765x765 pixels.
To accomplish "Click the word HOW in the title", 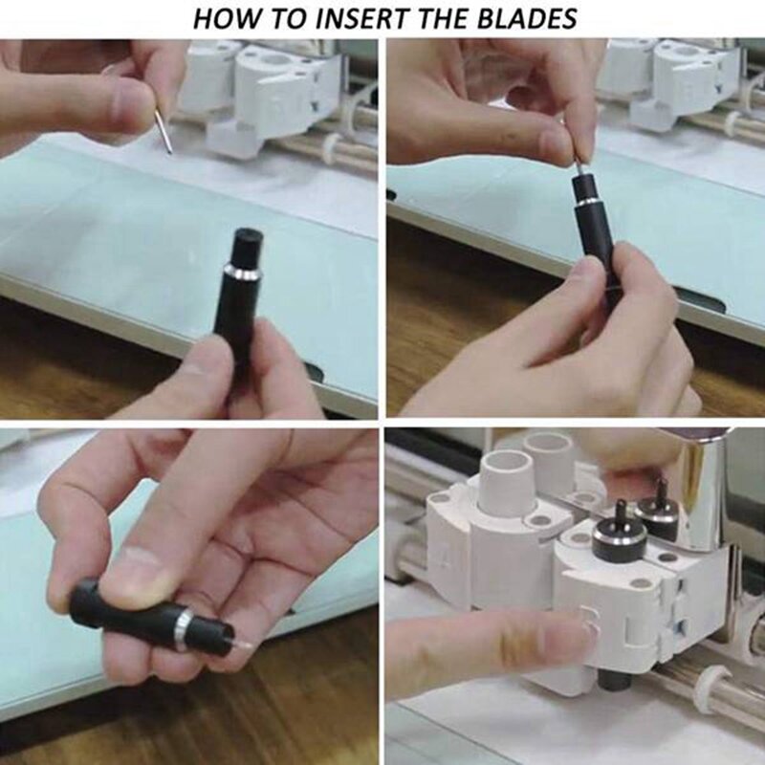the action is point(226,18).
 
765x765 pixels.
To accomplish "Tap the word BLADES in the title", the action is point(527,18).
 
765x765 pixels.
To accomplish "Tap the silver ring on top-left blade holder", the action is point(243,273).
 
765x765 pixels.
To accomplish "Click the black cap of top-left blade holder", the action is point(249,247).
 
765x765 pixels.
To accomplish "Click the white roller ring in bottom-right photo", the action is point(712,684).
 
